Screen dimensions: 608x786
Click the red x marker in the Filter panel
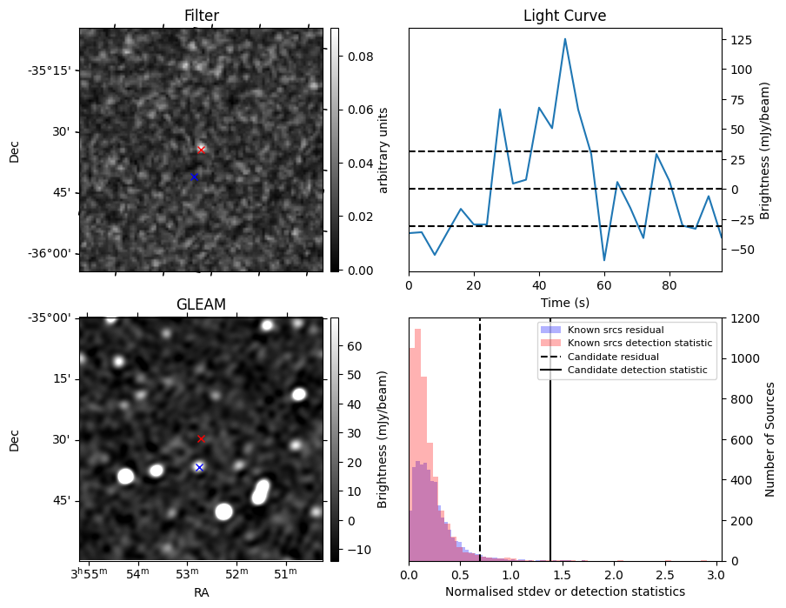[x=201, y=150]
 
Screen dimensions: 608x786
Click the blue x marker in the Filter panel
[x=194, y=177]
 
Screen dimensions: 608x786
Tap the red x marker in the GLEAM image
[x=201, y=439]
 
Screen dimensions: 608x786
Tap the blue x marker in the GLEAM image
[x=199, y=467]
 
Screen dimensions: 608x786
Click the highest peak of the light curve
[x=565, y=39]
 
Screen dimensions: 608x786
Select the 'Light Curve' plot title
[x=564, y=16]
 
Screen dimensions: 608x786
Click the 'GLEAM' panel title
[x=201, y=304]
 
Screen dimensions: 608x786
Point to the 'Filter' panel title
[x=201, y=16]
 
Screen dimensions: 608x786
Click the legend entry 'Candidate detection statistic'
[x=637, y=371]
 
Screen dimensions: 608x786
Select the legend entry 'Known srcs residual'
[x=616, y=330]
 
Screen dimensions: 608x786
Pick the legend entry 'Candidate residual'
[x=613, y=357]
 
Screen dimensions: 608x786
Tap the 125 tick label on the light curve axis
[x=742, y=40]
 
